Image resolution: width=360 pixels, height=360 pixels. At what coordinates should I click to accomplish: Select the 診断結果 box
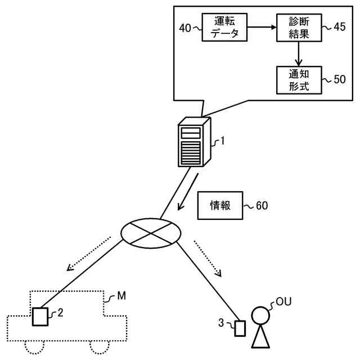click(299, 28)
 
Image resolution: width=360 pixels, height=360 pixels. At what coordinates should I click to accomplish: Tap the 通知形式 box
click(299, 80)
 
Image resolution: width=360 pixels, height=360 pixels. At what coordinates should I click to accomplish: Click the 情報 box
click(219, 205)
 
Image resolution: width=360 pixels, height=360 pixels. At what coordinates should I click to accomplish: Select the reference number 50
click(339, 79)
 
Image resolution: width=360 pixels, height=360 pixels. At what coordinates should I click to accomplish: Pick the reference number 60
click(262, 205)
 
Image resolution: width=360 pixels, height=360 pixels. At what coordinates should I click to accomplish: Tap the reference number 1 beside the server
click(222, 141)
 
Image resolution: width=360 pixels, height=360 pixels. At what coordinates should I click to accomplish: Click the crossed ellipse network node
click(151, 232)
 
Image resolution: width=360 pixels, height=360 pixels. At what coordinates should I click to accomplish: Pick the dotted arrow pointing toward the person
click(208, 258)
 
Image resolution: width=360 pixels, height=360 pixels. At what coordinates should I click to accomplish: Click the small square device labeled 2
click(40, 317)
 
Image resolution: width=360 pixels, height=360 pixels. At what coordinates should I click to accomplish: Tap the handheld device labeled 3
click(240, 327)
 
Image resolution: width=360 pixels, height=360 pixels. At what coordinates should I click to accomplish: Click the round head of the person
click(260, 316)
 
